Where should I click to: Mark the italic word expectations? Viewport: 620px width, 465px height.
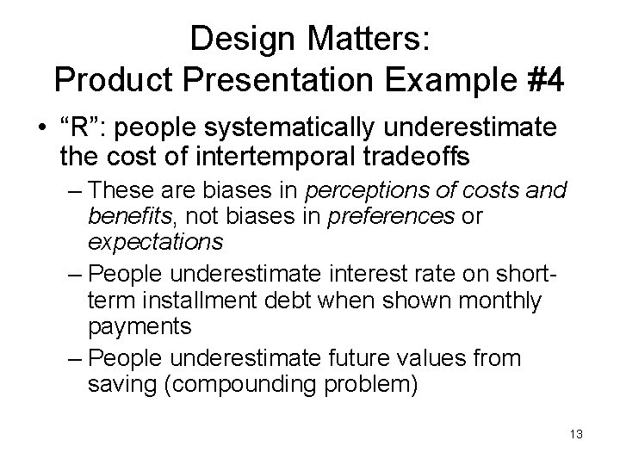pyautogui.click(x=155, y=242)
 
